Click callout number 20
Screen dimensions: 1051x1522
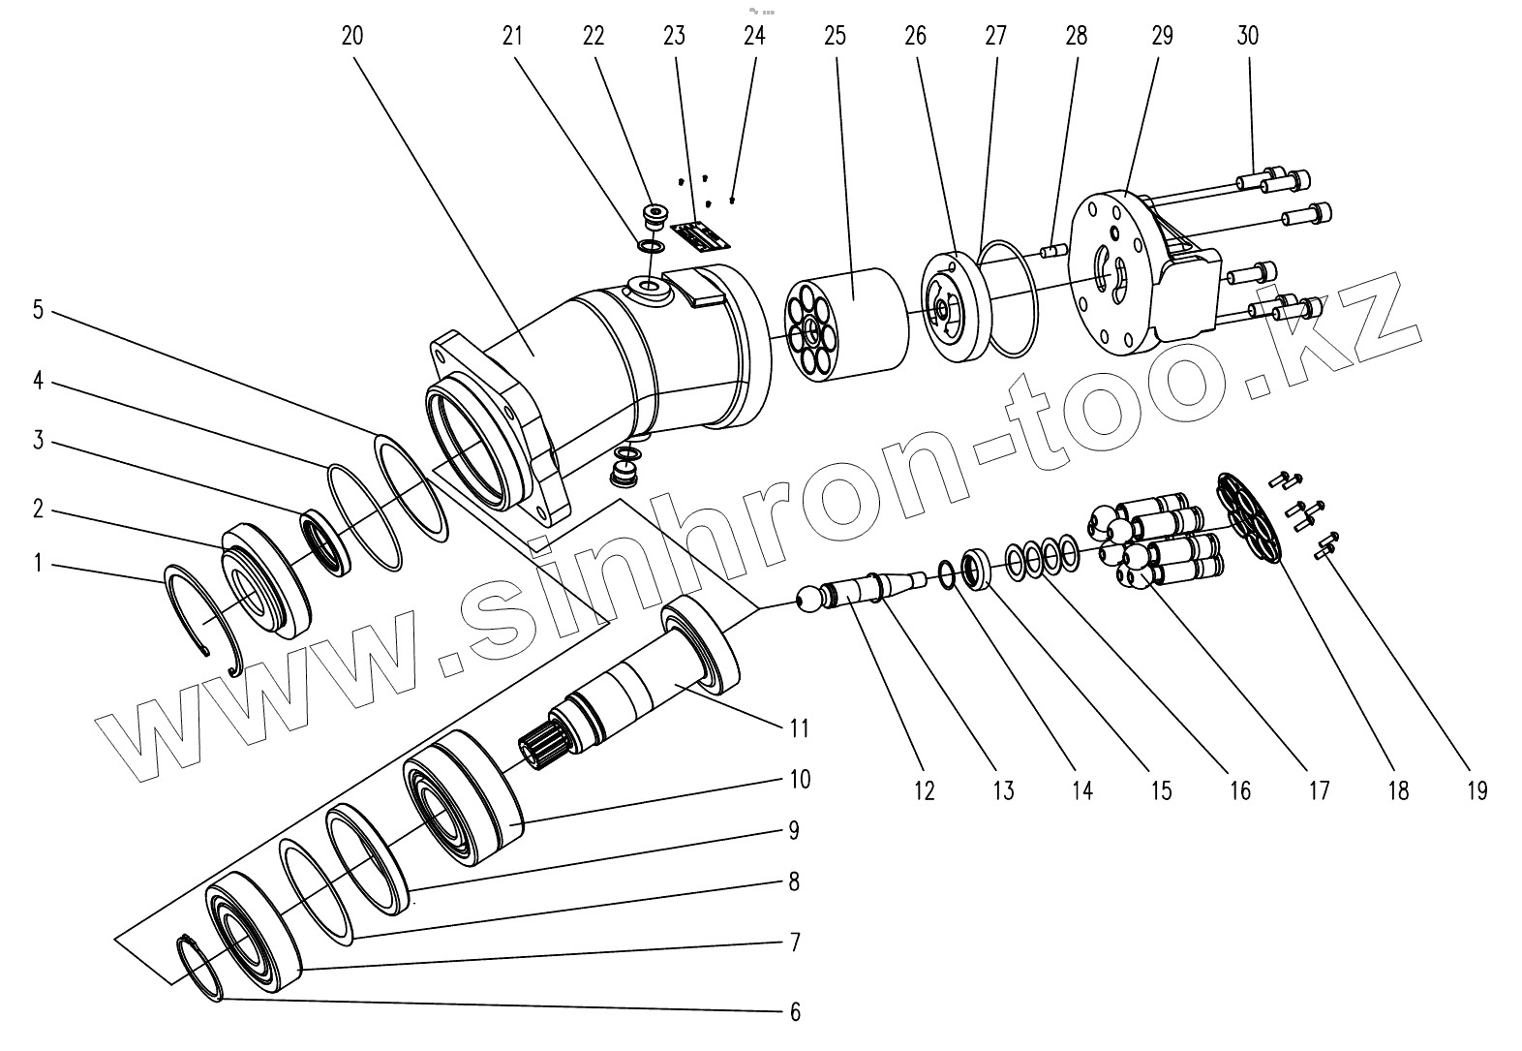[352, 37]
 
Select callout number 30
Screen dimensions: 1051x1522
[1247, 37]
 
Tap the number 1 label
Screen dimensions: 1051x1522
[38, 562]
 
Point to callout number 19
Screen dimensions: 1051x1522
[1476, 791]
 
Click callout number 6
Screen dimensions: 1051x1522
[795, 1012]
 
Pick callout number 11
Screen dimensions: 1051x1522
[798, 727]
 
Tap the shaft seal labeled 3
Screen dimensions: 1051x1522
[322, 539]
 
